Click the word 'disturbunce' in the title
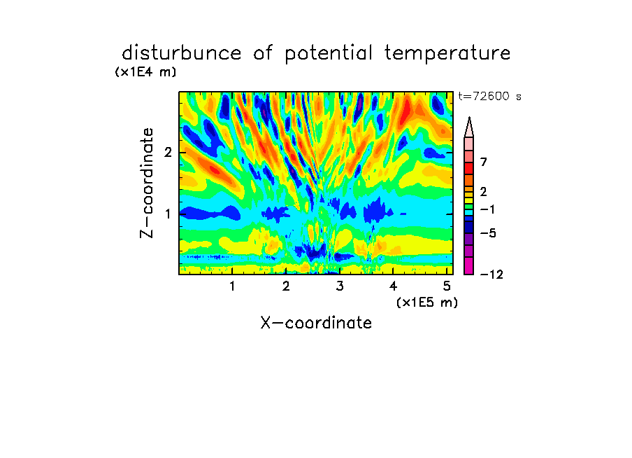coord(182,53)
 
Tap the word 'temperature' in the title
coord(447,54)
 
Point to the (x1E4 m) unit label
coord(145,72)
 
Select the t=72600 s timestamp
coord(489,96)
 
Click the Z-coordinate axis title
coord(147,183)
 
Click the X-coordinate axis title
coord(316,323)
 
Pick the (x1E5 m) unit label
coord(427,303)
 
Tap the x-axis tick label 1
coord(232,286)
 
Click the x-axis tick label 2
coord(286,286)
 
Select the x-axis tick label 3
coord(339,286)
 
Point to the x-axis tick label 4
coord(393,286)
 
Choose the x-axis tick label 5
coord(447,286)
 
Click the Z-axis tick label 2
coord(168,153)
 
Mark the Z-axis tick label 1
coord(168,214)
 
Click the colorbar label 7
coord(484,162)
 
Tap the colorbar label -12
coord(491,275)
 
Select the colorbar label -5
coord(488,233)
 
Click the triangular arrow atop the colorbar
coord(469,127)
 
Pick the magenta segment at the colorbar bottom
coord(469,265)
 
